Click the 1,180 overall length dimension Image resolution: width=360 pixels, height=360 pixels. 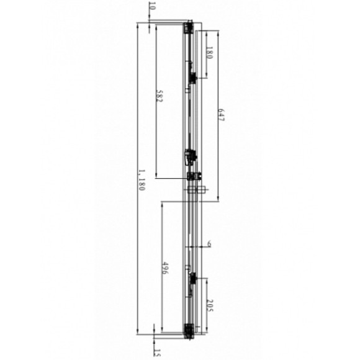142,180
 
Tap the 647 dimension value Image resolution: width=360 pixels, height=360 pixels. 220,116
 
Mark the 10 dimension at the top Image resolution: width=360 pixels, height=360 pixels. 152,7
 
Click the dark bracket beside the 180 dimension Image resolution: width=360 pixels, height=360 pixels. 194,77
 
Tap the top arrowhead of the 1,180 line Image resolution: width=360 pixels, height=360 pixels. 137,25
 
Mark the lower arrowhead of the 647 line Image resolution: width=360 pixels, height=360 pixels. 219,200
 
